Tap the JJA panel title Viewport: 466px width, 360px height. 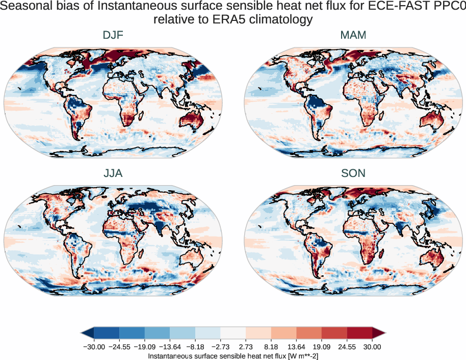coord(113,173)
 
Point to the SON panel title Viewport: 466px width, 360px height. coord(353,173)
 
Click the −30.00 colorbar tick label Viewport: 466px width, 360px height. coord(93,347)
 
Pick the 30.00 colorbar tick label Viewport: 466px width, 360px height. coord(372,347)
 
